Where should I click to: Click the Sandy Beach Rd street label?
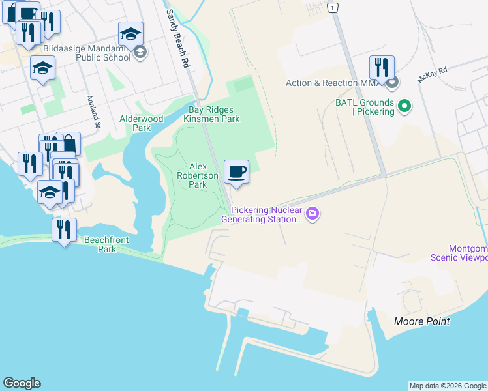coord(177,39)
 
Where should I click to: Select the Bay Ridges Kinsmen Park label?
coord(211,114)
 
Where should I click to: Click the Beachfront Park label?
coord(106,244)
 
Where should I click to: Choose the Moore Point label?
coord(421,321)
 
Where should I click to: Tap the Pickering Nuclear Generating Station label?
coord(266,214)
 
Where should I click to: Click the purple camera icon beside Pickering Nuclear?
coord(313,213)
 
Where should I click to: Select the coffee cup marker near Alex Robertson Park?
coord(236,172)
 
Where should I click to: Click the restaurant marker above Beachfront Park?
coord(64,229)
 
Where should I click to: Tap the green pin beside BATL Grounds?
coord(404,104)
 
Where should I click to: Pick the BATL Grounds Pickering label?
coord(365,107)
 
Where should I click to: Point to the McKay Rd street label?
coord(433,74)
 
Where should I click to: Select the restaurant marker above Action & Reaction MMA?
coord(382,67)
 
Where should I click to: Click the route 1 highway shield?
coord(333,7)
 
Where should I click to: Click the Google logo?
coord(22,383)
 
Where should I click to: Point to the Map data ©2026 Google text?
coord(448,386)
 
